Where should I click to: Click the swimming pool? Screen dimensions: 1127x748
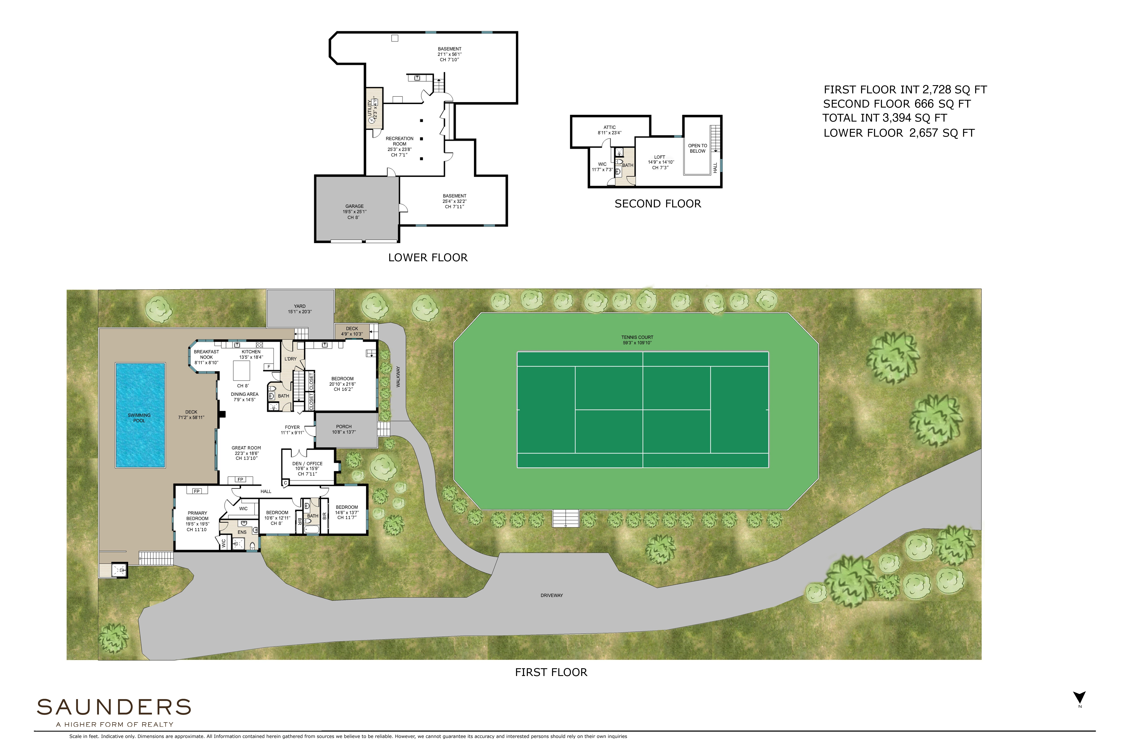[x=140, y=415]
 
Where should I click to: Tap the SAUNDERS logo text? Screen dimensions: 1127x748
[x=114, y=707]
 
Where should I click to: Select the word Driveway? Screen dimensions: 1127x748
[x=552, y=595]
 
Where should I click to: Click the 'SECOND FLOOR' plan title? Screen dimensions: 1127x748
[x=658, y=204]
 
